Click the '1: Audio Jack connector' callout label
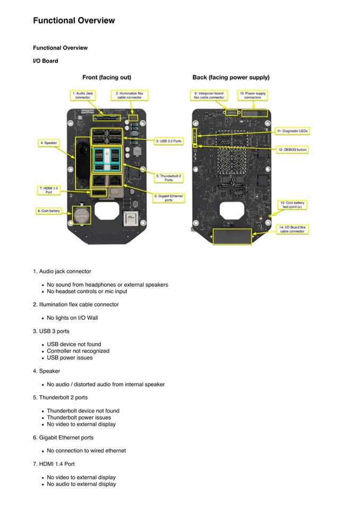pos(83,95)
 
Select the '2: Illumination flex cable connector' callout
pos(130,95)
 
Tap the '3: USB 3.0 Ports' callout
pos(169,141)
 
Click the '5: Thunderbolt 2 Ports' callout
pos(169,177)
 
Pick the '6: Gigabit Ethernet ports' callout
pos(169,198)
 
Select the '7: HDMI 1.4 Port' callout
pos(48,190)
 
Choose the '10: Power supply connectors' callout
pos(252,95)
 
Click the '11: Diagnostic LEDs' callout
pos(292,130)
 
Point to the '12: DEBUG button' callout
pos(292,150)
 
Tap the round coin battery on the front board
pos(82,215)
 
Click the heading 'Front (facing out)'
pos(107,78)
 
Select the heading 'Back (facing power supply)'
pos(231,78)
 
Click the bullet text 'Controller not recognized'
pos(78,351)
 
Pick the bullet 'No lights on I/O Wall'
pos(72,318)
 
